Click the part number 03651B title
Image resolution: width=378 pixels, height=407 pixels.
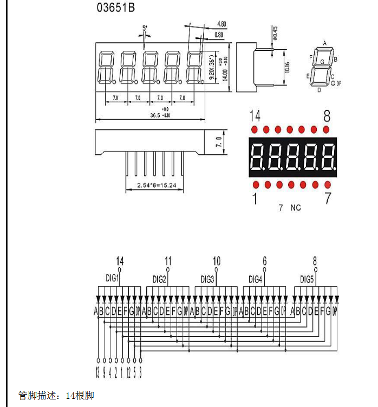(x=116, y=8)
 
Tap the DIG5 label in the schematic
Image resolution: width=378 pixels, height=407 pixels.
(x=307, y=279)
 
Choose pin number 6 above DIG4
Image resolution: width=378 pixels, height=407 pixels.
(x=264, y=261)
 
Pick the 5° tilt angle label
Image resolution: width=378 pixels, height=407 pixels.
(x=145, y=27)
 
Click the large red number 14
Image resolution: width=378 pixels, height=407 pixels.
(x=255, y=116)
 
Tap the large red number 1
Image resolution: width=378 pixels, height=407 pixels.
(x=255, y=199)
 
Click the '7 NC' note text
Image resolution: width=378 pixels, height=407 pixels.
(x=289, y=207)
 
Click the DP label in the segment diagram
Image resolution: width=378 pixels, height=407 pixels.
(x=339, y=83)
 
